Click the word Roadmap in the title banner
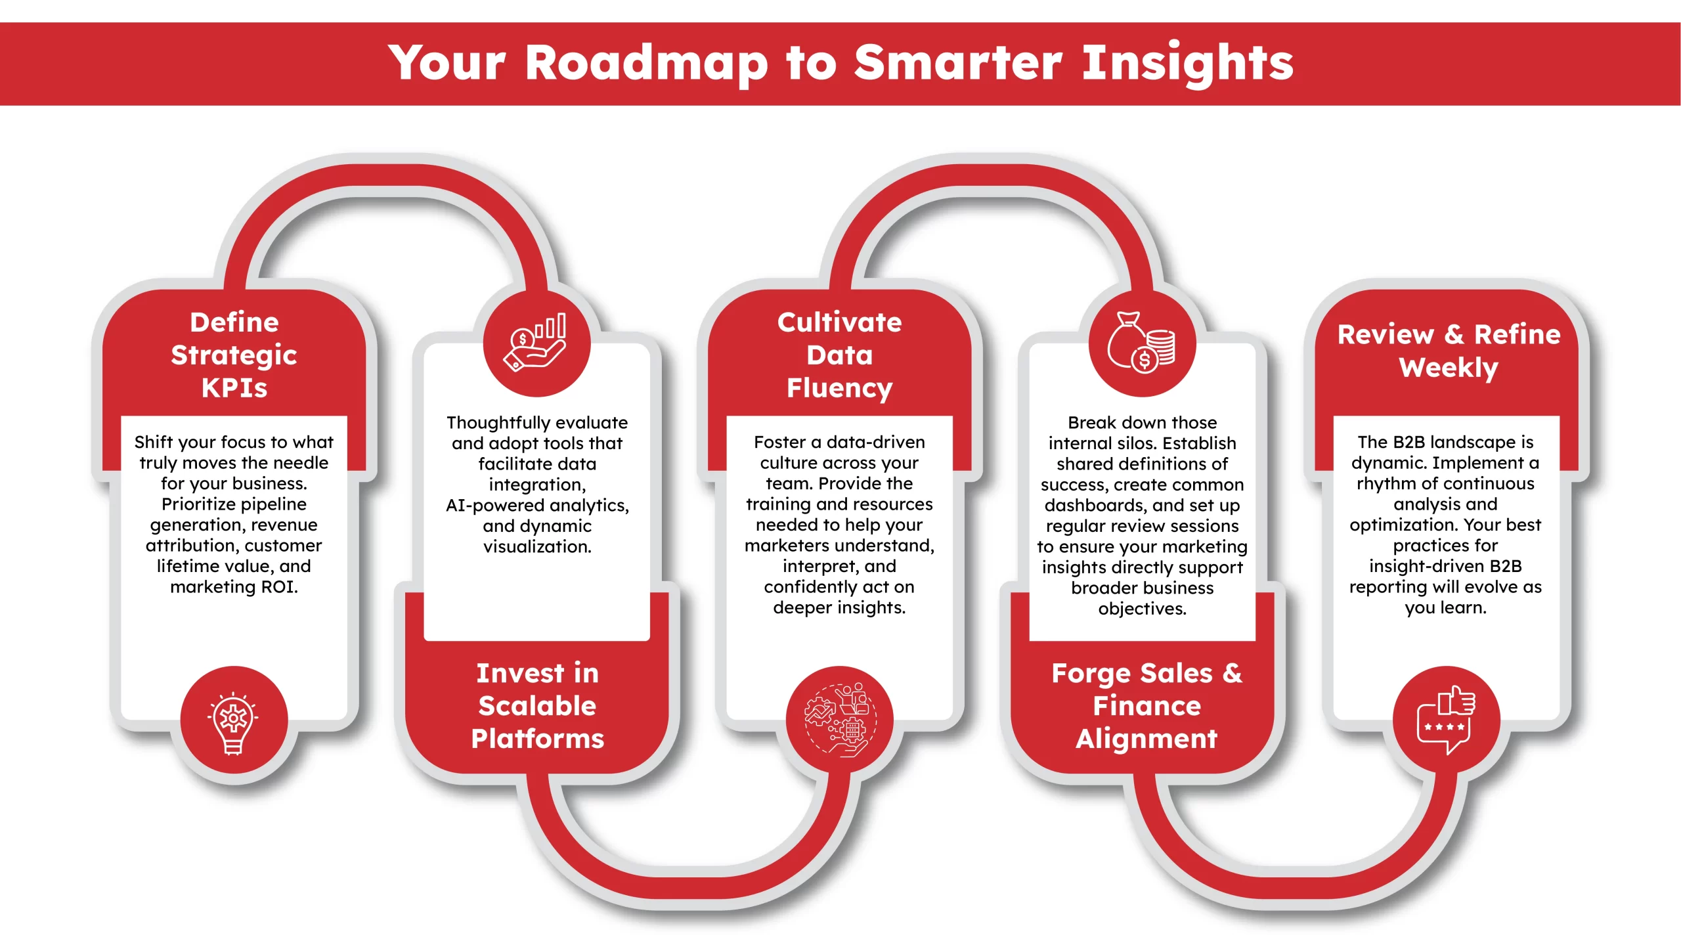tap(646, 64)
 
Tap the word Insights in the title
tap(1187, 64)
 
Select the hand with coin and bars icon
tap(536, 342)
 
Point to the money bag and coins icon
tap(1141, 341)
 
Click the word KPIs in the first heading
tap(234, 388)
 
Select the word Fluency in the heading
tap(840, 389)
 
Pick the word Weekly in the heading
tap(1449, 368)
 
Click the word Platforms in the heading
tap(538, 739)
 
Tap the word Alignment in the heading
tap(1146, 739)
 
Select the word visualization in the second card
tap(537, 546)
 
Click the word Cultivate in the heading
tap(840, 322)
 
